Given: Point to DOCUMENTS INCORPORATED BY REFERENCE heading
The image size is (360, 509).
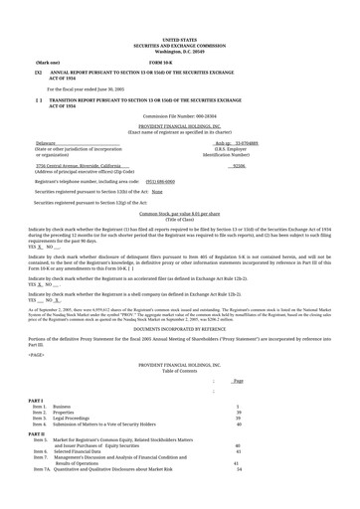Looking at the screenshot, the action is pos(179,299).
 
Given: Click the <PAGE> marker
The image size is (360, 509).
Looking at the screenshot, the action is pos(37,325).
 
